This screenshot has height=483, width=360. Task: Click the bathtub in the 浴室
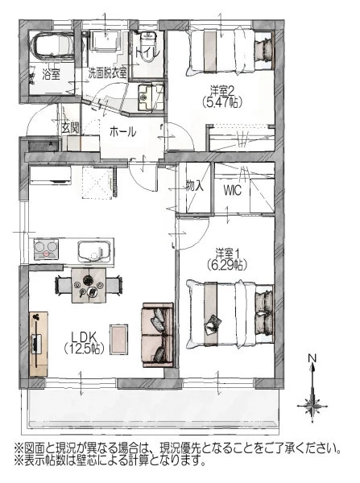point(52,46)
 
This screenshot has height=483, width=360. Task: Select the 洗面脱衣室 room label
point(108,73)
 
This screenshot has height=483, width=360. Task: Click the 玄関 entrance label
point(71,128)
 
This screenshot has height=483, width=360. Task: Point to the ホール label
point(122,132)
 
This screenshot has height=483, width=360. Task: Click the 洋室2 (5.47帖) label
point(222,97)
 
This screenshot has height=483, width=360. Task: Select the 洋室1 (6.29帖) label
point(227,258)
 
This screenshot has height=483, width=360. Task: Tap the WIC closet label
point(232,191)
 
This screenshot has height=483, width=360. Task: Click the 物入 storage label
point(194,186)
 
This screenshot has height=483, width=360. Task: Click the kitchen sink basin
point(94,251)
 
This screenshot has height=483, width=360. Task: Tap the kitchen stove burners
point(46,250)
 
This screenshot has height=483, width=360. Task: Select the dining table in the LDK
point(89,285)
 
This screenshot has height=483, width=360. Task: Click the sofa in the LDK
point(158,335)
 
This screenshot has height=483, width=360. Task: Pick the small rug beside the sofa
point(119,339)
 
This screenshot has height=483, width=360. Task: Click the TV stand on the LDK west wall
point(39,344)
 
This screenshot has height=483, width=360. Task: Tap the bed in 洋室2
point(231,52)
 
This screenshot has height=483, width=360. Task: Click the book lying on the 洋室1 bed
point(213,325)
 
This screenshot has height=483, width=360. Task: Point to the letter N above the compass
point(312,358)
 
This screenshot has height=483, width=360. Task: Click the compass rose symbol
point(312,406)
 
